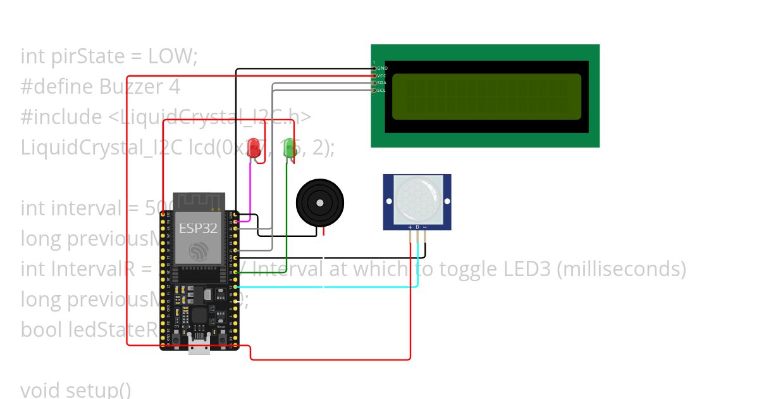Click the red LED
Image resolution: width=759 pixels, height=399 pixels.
(x=254, y=149)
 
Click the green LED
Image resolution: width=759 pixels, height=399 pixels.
(x=290, y=149)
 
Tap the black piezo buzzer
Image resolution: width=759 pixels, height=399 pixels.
(x=320, y=203)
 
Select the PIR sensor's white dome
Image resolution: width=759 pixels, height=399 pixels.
(x=417, y=198)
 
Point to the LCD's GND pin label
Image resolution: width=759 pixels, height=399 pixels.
(x=382, y=68)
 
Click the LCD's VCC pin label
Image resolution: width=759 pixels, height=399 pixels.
(x=382, y=75)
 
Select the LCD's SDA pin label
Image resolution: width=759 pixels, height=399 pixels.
(x=382, y=83)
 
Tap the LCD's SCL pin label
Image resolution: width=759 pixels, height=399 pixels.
(x=382, y=91)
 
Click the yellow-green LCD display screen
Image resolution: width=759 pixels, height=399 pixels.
(x=486, y=96)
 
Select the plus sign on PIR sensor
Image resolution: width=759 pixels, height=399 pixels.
(x=410, y=227)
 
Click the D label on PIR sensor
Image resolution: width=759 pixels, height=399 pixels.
(x=417, y=227)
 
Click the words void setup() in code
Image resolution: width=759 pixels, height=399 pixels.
(x=76, y=389)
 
